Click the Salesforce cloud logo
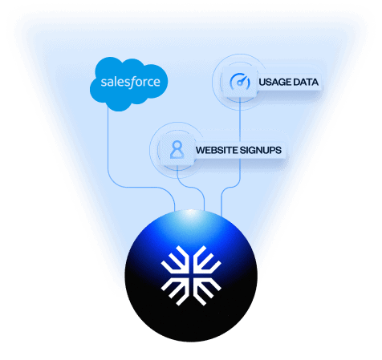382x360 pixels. pyautogui.click(x=128, y=84)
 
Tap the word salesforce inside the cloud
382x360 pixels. pyautogui.click(x=130, y=82)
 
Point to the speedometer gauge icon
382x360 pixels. pyautogui.click(x=240, y=82)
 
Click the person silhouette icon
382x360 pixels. pyautogui.click(x=177, y=150)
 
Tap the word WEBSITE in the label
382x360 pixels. pyautogui.click(x=217, y=150)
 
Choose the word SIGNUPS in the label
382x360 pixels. pyautogui.click(x=261, y=150)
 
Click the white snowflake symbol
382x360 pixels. pyautogui.click(x=191, y=276)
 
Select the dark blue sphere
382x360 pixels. pyautogui.click(x=191, y=276)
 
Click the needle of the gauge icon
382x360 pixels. pyautogui.click(x=242, y=80)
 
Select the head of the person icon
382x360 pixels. pyautogui.click(x=177, y=146)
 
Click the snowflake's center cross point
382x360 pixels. pyautogui.click(x=191, y=276)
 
